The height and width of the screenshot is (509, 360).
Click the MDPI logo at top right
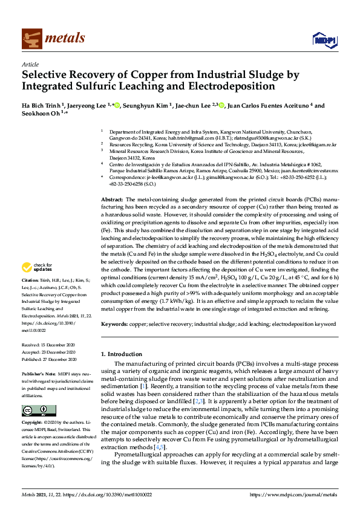click(323, 39)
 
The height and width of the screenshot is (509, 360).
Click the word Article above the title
click(30, 65)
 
